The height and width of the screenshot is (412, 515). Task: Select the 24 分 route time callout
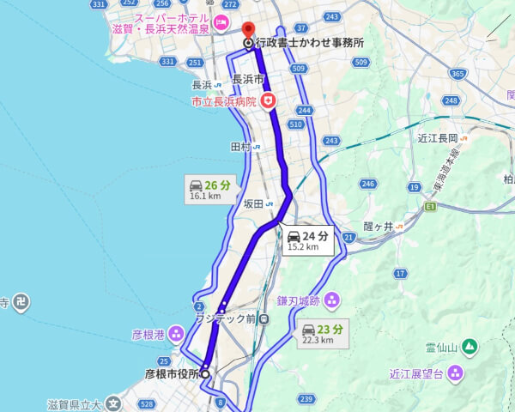coord(306,239)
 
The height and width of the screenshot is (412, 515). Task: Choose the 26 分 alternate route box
coord(209,188)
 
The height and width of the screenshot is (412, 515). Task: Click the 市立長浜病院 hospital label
coord(225,101)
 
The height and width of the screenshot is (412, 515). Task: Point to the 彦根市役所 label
coord(172,373)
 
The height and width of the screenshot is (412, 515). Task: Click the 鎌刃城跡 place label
coord(298,300)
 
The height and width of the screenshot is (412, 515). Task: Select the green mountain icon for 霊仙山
coord(469,347)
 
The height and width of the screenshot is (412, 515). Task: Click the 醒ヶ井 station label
coord(378,226)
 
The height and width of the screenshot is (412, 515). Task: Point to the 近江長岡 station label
coord(438,137)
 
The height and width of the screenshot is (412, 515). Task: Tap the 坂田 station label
coord(253,204)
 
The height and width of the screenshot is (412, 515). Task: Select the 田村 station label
coord(239,147)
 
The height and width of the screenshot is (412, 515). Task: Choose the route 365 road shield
coord(457,75)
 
